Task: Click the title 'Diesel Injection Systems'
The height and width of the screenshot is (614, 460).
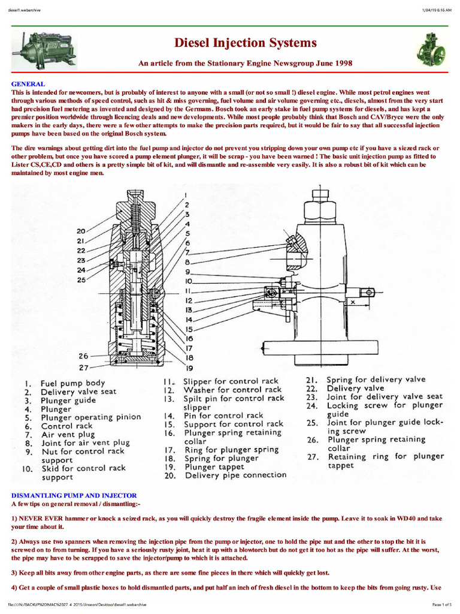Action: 245,43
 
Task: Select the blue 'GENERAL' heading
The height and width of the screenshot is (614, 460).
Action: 28,84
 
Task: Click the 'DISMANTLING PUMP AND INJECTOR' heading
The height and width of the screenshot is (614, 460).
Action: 74,496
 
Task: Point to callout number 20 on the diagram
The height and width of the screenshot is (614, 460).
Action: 81,230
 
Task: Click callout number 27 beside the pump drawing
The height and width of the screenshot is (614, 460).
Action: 83,367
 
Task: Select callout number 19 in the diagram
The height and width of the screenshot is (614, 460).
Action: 189,368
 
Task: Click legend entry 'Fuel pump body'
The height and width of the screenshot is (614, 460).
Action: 72,383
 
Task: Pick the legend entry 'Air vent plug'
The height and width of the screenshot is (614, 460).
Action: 68,434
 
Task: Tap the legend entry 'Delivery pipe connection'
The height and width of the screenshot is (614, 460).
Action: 235,475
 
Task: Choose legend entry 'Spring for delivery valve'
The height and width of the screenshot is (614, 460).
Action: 376,379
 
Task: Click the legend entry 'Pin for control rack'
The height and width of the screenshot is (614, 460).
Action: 223,415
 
